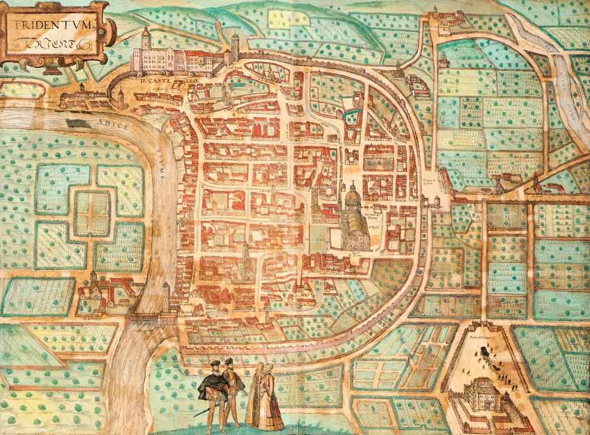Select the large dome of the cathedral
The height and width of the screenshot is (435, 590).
coord(352,195)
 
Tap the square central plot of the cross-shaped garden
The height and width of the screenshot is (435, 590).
coord(91,212)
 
